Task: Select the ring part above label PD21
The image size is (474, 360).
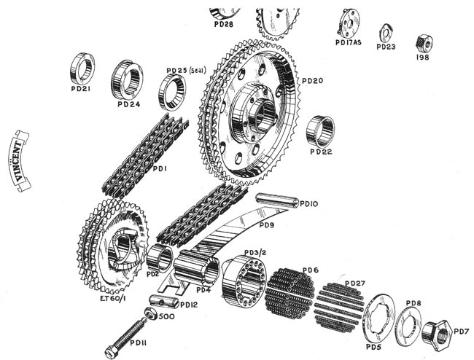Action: pos(82,68)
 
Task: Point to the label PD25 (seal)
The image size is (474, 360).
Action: pos(187,71)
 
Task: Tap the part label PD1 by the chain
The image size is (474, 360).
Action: pos(160,169)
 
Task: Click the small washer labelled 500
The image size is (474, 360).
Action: pos(152,314)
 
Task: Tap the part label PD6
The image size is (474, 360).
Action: pos(311,270)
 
